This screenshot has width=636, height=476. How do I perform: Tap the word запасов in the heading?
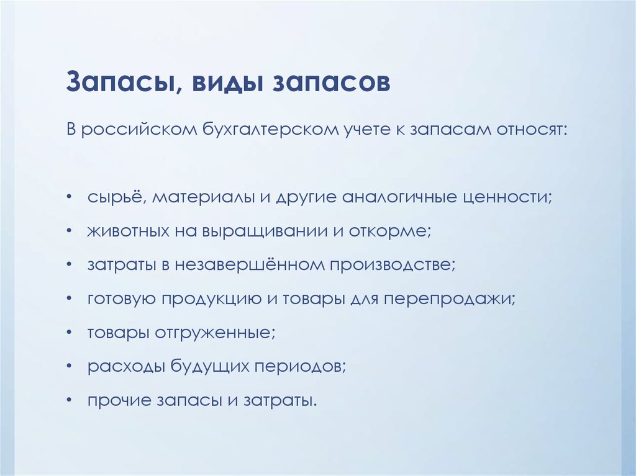331,83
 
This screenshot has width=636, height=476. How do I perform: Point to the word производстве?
393,265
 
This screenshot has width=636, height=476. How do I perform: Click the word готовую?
122,299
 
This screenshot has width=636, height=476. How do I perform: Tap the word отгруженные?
215,333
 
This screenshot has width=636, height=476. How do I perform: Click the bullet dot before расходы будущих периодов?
70,367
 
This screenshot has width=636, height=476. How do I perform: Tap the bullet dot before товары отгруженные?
70,333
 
